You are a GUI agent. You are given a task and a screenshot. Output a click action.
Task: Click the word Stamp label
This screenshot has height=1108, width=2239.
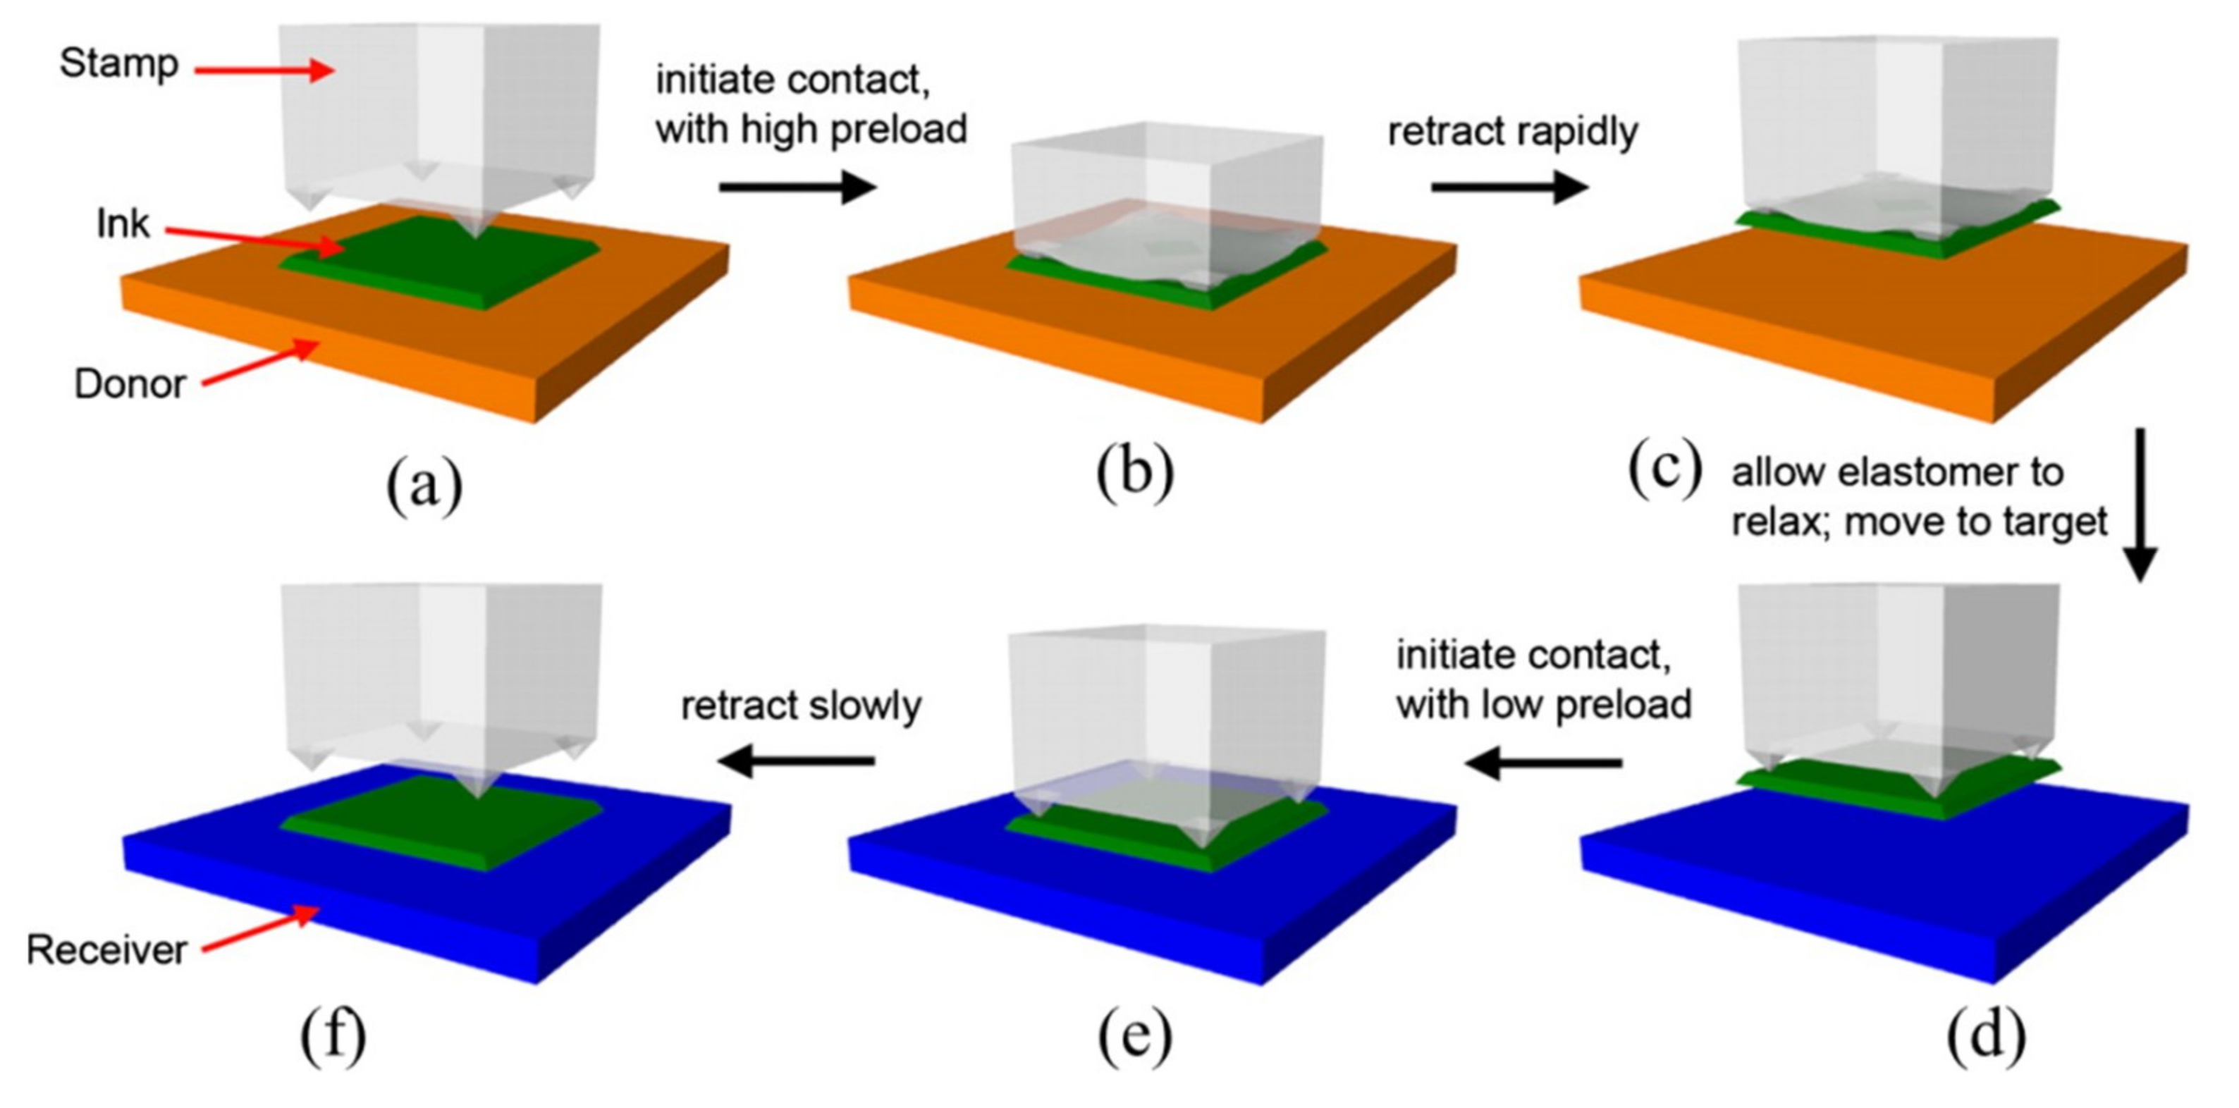(x=119, y=64)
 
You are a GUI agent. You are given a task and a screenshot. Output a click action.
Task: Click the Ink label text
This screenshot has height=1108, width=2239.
(x=123, y=224)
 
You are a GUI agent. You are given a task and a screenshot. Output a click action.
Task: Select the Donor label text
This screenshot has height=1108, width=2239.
(x=130, y=384)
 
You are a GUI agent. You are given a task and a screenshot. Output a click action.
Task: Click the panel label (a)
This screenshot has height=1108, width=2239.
(x=424, y=486)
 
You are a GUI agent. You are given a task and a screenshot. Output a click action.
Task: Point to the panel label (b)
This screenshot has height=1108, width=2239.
(x=1134, y=474)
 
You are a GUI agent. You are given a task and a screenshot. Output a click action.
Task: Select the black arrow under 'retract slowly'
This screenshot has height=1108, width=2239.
(x=796, y=761)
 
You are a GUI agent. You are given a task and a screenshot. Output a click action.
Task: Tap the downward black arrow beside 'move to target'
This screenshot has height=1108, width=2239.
(x=2140, y=504)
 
